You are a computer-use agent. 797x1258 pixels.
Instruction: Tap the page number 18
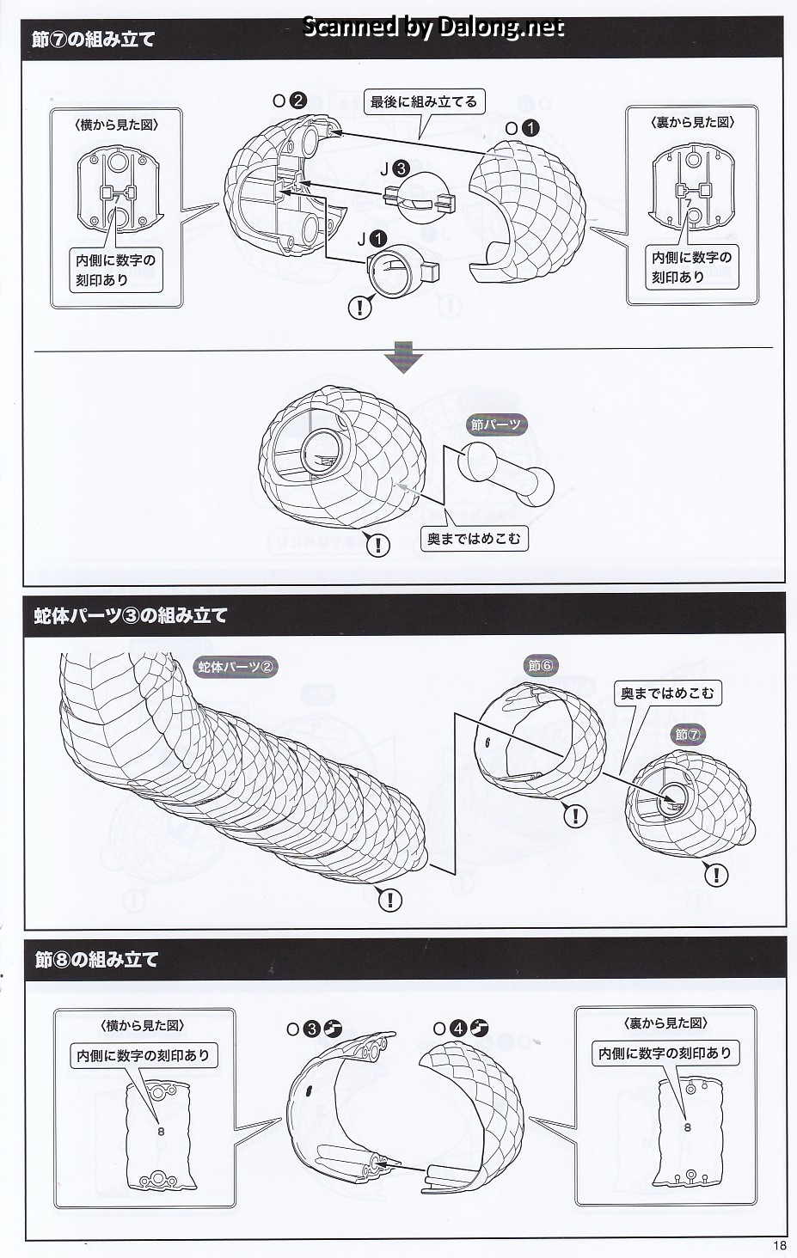pos(779,1246)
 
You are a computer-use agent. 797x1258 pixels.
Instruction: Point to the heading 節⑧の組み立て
pos(97,959)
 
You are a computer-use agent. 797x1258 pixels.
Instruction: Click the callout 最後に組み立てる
pos(423,102)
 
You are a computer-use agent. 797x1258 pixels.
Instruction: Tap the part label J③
pos(395,170)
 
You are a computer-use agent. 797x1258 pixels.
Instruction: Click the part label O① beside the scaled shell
pos(522,128)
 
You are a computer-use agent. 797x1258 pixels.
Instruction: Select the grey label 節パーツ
pos(496,424)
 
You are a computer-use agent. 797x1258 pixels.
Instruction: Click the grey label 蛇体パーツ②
pos(236,666)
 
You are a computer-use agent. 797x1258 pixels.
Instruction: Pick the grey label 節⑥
pos(542,665)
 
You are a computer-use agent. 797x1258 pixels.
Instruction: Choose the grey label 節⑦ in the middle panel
pos(689,735)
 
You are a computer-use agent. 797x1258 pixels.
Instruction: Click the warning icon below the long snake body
pos(389,899)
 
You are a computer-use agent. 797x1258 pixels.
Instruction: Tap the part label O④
pos(460,1028)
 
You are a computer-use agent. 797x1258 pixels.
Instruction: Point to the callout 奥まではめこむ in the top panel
pos(474,539)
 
